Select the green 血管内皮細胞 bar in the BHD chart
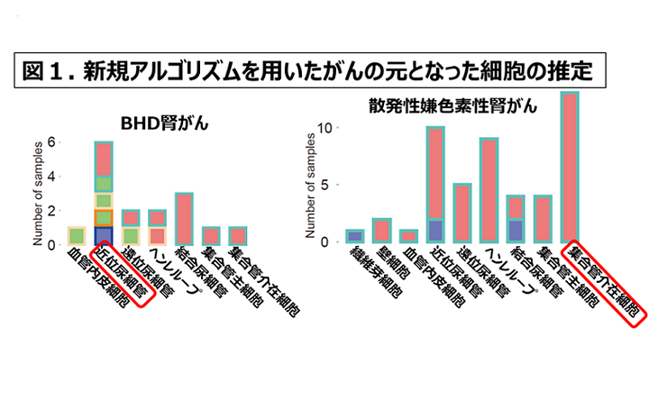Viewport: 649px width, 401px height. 77,236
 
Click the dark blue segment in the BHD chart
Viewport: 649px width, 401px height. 104,236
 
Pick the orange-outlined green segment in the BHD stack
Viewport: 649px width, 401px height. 104,218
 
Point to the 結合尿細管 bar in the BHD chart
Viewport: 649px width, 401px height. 184,219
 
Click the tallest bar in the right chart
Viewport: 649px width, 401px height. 569,167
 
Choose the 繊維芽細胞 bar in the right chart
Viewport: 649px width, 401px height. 355,236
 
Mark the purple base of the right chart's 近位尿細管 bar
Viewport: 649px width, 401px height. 435,231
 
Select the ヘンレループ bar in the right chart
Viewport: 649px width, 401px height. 489,190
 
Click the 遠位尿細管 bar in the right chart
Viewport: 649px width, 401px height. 462,213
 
